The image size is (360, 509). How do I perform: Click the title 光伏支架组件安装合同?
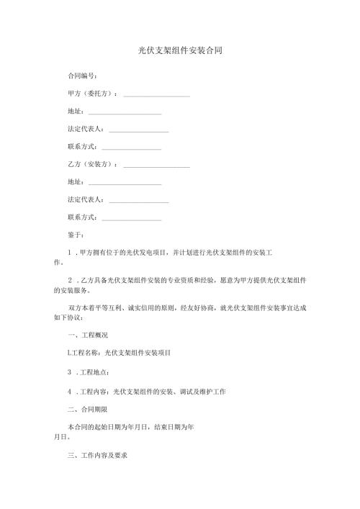pyautogui.click(x=180, y=51)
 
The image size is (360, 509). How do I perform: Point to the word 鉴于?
pyautogui.click(x=76, y=235)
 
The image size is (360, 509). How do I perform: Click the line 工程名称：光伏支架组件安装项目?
pyautogui.click(x=119, y=353)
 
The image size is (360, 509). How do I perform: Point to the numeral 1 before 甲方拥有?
pyautogui.click(x=69, y=253)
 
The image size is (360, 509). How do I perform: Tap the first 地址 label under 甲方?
pyautogui.click(x=75, y=112)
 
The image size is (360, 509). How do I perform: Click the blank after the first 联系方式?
pyautogui.click(x=132, y=148)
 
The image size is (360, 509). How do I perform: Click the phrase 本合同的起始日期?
pyautogui.click(x=90, y=427)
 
